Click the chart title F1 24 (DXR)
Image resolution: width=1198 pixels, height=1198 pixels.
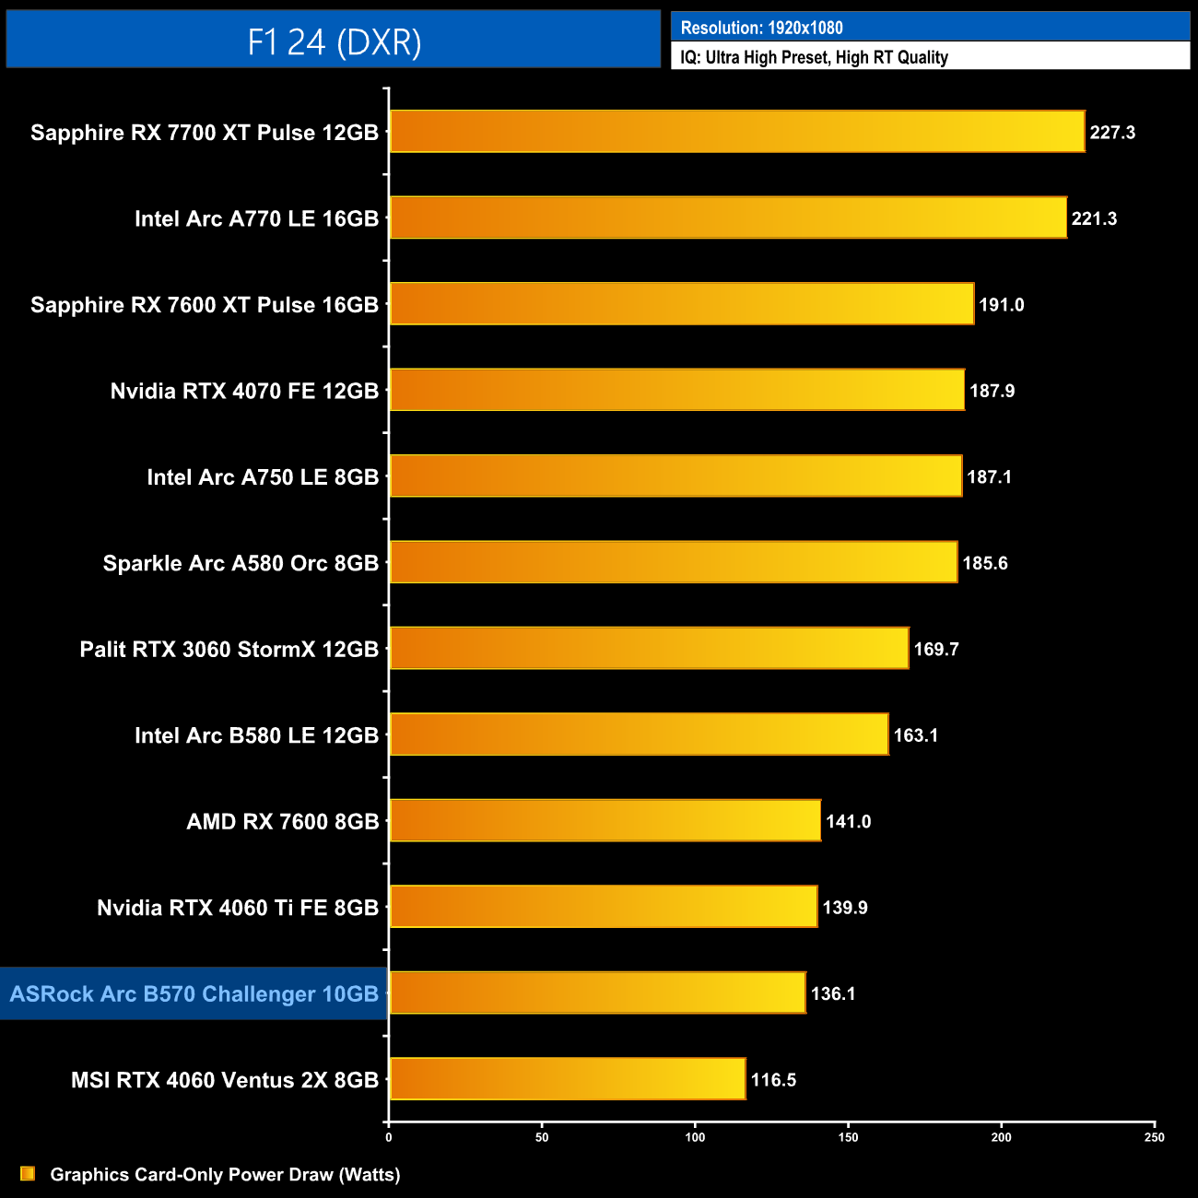pyautogui.click(x=334, y=41)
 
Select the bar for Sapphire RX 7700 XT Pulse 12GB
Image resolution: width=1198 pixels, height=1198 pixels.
pyautogui.click(x=737, y=132)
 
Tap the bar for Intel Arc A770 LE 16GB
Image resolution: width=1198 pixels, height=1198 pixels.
pyautogui.click(x=728, y=218)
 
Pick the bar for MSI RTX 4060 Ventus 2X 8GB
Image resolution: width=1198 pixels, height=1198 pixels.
pyautogui.click(x=568, y=1079)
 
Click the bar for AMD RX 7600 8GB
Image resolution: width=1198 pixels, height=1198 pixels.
pyautogui.click(x=605, y=821)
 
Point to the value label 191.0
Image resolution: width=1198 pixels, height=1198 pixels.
pyautogui.click(x=1002, y=305)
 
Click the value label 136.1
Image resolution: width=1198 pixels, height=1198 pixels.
pyautogui.click(x=833, y=993)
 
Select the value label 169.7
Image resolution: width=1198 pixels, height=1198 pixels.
pyautogui.click(x=936, y=650)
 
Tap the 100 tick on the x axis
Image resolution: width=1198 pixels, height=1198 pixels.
pyautogui.click(x=695, y=1137)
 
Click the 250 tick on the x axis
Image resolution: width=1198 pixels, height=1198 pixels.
pyautogui.click(x=1155, y=1137)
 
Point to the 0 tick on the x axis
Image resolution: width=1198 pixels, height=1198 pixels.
pyautogui.click(x=389, y=1137)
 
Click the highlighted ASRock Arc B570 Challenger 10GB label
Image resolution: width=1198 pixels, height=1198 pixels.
pyautogui.click(x=194, y=994)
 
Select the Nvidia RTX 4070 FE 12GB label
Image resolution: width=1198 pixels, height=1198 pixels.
pyautogui.click(x=244, y=392)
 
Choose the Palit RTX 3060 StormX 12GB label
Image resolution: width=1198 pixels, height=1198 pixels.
pyautogui.click(x=229, y=650)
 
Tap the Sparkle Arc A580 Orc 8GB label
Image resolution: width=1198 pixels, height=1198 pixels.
pyautogui.click(x=241, y=563)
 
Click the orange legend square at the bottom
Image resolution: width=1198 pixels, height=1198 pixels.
pyautogui.click(x=28, y=1173)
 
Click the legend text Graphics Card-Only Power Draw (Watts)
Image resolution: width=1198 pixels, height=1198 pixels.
pyautogui.click(x=225, y=1175)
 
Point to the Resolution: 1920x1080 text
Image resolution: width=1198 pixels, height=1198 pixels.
pyautogui.click(x=762, y=28)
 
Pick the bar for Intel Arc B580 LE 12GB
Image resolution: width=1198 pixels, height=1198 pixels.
pyautogui.click(x=639, y=734)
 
